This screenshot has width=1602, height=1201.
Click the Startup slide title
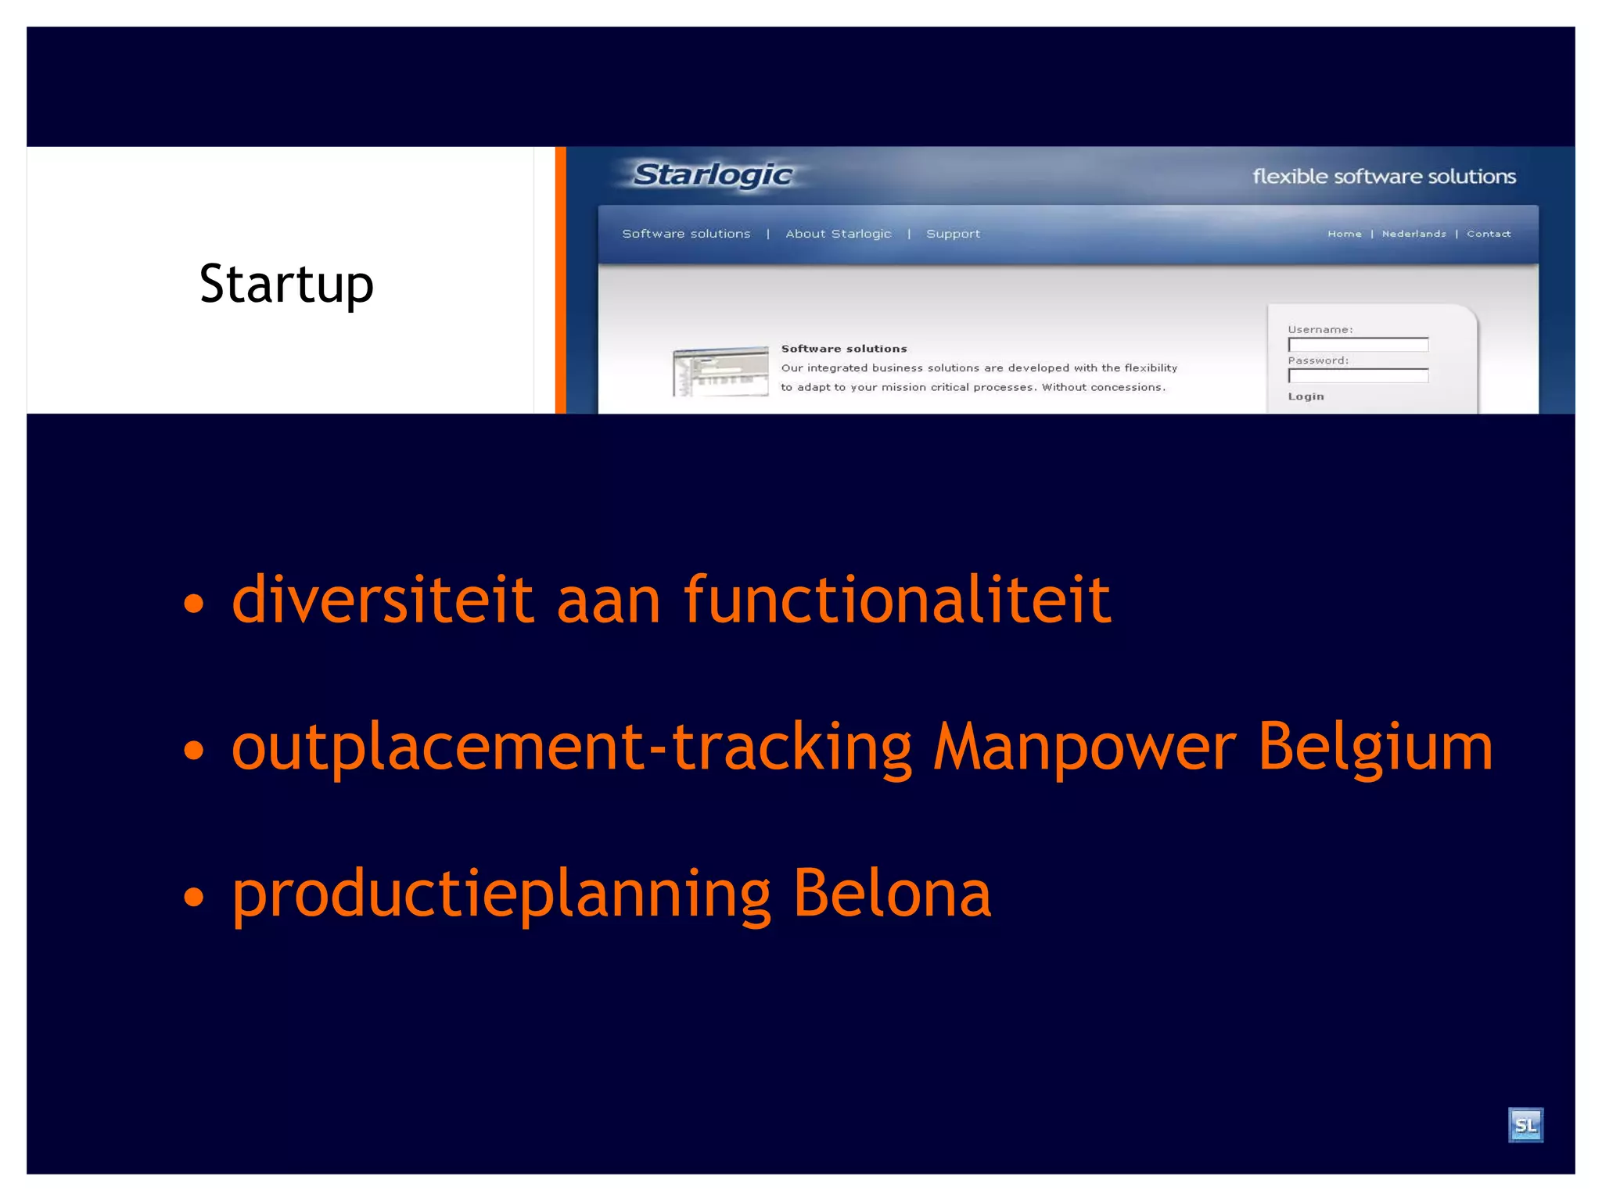pos(286,284)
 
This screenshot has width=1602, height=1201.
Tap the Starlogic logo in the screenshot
pos(712,175)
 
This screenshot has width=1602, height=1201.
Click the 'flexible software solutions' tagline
pos(1383,177)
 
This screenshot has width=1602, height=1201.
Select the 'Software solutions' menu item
pos(685,234)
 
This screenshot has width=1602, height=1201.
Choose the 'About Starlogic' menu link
pos(838,234)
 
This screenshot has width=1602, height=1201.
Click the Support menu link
pos(952,234)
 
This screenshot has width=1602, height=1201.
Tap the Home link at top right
pos(1343,234)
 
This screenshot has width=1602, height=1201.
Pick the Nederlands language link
pos(1413,234)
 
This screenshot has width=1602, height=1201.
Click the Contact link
pos(1488,234)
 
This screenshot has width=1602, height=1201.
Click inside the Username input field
pos(1357,345)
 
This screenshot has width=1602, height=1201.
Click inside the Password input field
pos(1357,376)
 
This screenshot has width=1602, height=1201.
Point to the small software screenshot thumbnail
pos(720,371)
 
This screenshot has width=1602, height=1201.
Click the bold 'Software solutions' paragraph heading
pos(843,349)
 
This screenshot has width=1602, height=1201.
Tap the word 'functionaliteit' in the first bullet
pos(896,600)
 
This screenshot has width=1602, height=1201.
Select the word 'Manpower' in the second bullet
pos(1084,747)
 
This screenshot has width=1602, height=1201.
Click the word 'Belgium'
pos(1375,747)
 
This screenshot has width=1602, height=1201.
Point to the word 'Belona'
pos(892,893)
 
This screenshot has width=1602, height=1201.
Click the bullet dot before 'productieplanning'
pos(193,896)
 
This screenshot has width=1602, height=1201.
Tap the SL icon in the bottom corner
pos(1525,1125)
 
